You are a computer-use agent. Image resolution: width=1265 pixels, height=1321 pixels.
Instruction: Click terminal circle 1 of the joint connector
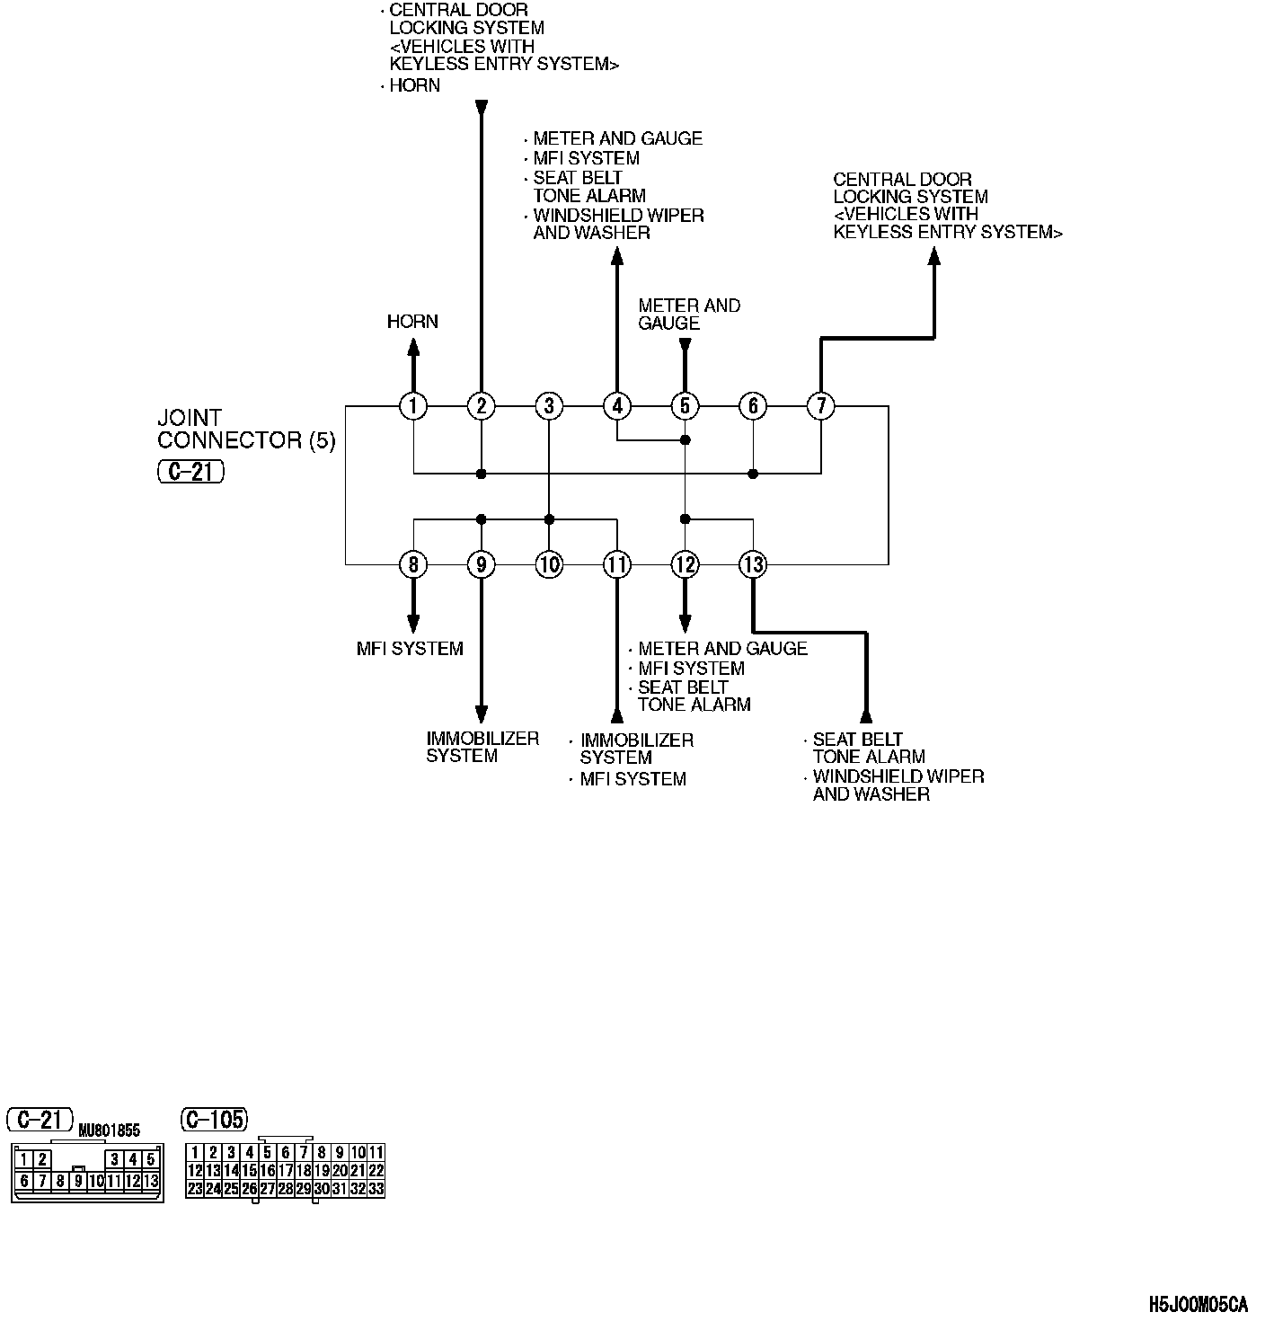413,406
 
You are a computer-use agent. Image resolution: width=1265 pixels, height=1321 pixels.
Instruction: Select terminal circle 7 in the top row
820,406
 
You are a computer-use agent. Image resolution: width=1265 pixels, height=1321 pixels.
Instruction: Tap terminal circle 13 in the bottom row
753,564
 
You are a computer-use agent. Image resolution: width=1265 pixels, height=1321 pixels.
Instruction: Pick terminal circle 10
549,564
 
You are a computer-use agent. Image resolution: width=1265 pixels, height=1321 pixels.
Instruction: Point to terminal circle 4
617,406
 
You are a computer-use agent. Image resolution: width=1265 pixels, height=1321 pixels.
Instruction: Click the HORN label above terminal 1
412,322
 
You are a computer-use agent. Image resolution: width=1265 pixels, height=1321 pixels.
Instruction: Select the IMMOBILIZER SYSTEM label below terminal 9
482,747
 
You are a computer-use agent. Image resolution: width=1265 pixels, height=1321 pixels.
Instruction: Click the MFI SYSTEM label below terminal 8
410,649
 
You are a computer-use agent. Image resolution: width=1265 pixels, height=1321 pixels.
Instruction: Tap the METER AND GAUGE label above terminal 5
689,315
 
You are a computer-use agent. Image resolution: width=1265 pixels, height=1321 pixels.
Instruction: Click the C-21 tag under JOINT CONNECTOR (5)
190,472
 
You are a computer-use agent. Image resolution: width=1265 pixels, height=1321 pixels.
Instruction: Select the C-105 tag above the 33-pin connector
214,1119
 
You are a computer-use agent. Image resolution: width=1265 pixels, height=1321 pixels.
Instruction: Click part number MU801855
109,1130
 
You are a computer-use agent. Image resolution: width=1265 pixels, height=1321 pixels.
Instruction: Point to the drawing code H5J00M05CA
1198,1303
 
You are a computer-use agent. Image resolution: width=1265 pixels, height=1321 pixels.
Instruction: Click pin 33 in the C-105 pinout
376,1188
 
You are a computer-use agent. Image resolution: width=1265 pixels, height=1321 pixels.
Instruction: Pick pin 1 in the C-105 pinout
195,1152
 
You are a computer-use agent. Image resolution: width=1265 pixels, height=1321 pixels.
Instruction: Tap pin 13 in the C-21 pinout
151,1181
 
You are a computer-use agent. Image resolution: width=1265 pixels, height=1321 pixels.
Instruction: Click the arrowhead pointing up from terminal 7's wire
933,256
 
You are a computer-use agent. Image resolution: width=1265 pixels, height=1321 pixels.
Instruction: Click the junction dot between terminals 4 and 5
685,440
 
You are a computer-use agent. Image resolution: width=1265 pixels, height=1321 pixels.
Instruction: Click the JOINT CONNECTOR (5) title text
245,429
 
